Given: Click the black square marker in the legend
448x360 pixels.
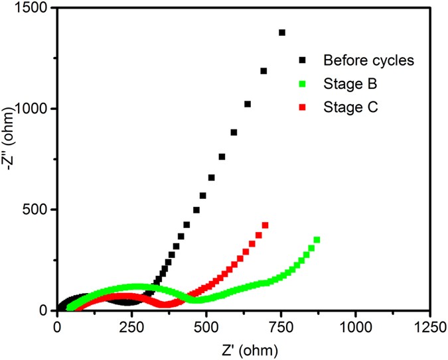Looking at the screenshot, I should coord(303,60).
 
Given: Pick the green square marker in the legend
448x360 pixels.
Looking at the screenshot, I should coord(303,84).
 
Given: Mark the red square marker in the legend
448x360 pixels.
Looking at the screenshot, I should coord(303,107).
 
